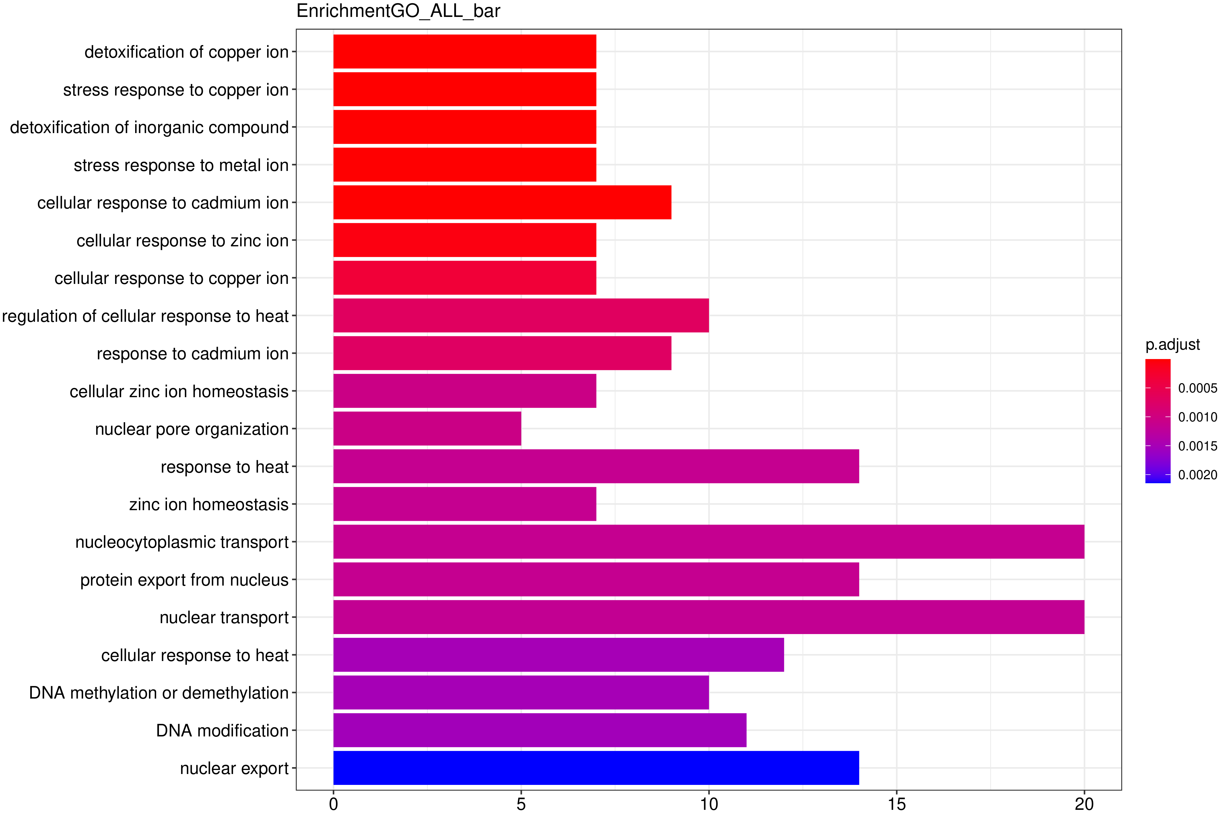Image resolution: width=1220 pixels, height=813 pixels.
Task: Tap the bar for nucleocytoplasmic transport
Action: pyautogui.click(x=708, y=541)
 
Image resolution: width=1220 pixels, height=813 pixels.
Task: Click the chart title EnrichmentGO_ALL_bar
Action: pyautogui.click(x=398, y=11)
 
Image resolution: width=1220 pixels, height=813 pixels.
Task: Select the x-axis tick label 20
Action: pyautogui.click(x=1084, y=804)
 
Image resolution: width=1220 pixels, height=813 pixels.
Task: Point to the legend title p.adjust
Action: pyautogui.click(x=1172, y=344)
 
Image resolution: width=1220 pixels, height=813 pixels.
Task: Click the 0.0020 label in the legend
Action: pyautogui.click(x=1197, y=475)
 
